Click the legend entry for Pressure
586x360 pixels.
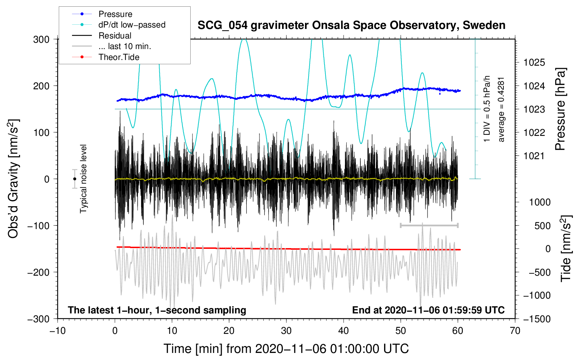click(102, 14)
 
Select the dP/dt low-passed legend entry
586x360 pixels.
click(119, 25)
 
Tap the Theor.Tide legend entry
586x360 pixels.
click(106, 57)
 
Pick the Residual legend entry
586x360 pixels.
click(102, 36)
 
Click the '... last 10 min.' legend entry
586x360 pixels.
click(112, 46)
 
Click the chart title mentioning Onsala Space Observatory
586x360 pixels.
click(351, 25)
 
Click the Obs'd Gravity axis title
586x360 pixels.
click(13, 179)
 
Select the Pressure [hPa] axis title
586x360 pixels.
click(560, 109)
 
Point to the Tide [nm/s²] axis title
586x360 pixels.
click(566, 249)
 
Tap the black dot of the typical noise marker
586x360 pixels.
click(75, 179)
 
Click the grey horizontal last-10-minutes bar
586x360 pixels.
click(429, 225)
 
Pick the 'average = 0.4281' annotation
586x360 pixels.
click(501, 110)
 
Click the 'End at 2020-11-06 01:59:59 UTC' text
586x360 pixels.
click(429, 310)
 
